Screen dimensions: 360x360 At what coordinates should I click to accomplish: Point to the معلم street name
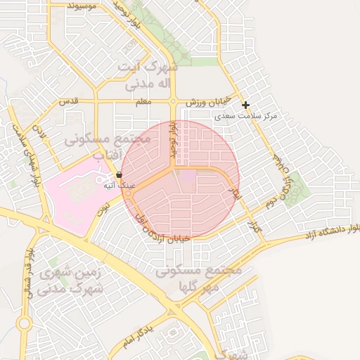143,103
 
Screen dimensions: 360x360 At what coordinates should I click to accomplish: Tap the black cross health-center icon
245,105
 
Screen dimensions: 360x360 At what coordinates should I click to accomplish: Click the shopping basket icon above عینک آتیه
119,174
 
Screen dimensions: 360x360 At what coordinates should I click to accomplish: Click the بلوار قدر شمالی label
29,271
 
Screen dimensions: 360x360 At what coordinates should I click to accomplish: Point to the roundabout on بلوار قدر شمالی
23,323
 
